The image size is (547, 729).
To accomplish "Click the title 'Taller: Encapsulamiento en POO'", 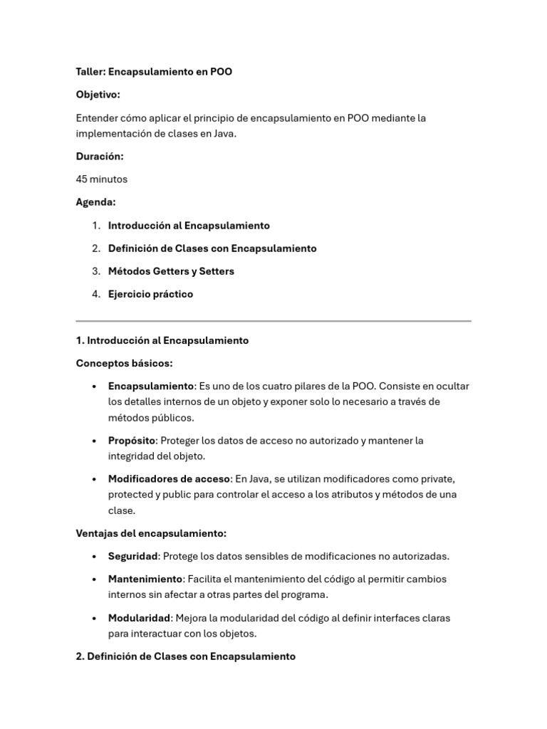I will point(154,72).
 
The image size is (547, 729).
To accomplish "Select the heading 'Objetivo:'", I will point(98,95).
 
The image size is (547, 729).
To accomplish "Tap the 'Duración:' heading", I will point(100,157).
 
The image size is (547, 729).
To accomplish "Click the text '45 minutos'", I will point(102,179).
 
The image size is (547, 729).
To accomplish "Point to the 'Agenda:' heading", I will point(96,202).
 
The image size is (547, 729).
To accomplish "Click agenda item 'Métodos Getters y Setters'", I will point(171,271).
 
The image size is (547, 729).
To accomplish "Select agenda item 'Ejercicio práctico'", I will point(150,294).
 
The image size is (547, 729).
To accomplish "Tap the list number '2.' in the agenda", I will point(96,248).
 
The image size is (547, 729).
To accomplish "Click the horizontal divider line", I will point(273,321).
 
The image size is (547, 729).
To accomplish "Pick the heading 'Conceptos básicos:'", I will point(125,363).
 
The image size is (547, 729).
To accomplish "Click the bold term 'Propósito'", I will point(132,441).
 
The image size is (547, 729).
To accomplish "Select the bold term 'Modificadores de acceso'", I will point(169,478).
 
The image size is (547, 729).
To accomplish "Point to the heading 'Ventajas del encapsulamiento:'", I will point(151,533).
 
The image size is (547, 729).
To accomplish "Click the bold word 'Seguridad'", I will point(133,556).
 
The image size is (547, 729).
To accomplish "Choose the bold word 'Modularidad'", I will point(140,618).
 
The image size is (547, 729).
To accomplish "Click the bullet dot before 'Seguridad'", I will point(94,557).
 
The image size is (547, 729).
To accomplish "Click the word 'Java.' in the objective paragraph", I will point(222,133).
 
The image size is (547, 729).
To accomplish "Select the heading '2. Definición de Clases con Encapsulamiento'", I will point(185,656).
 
